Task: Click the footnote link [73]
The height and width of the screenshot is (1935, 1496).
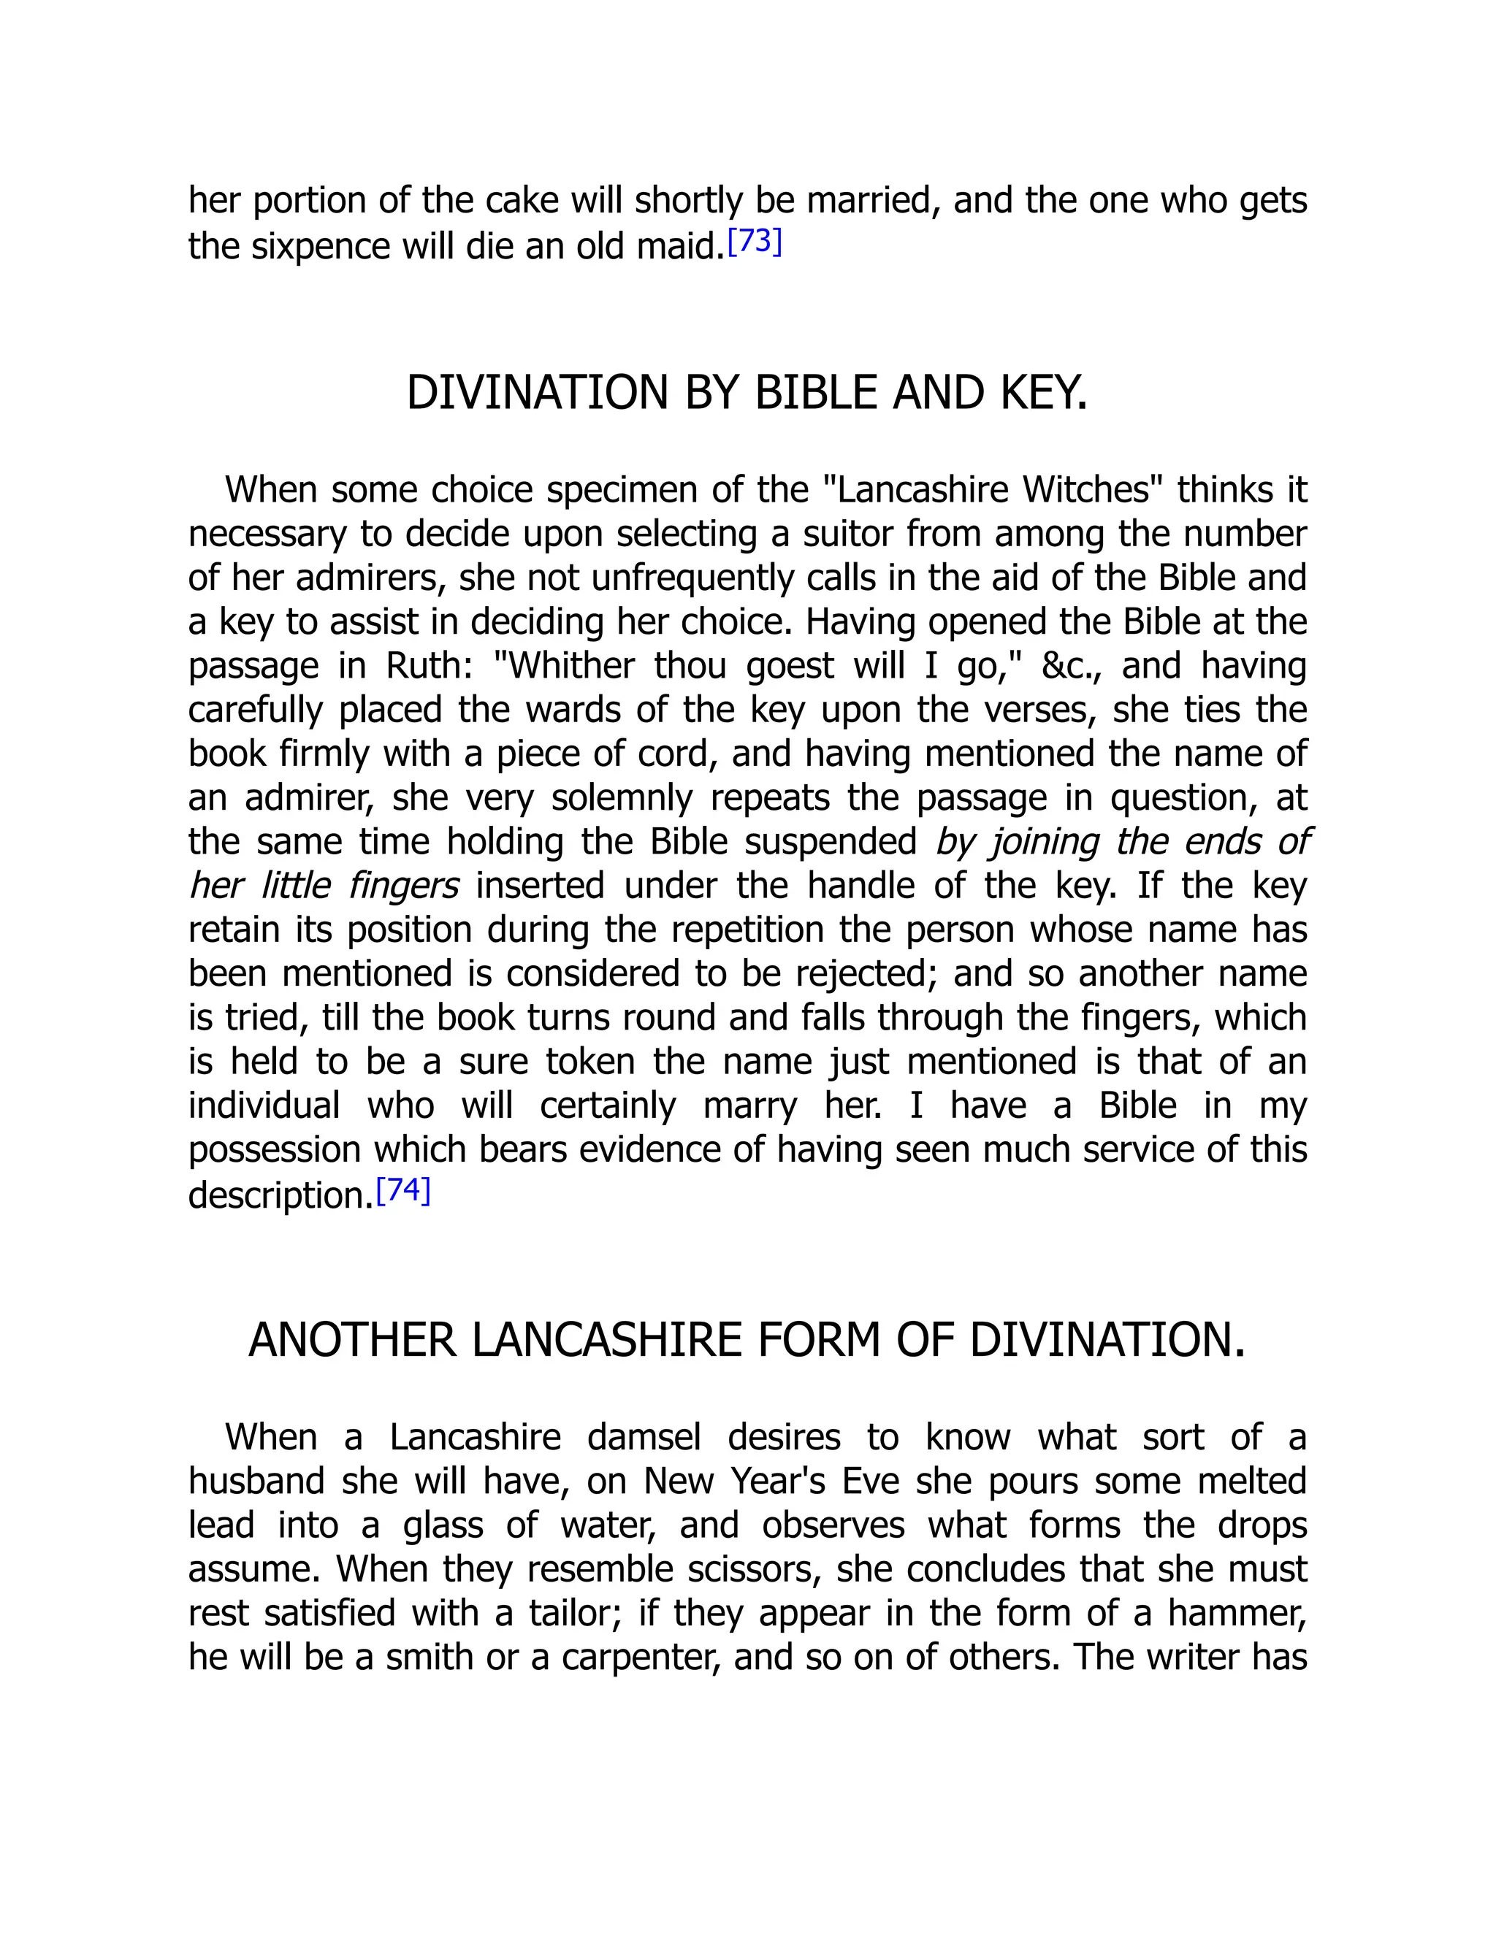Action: pyautogui.click(x=754, y=242)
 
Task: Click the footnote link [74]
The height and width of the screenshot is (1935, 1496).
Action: pyautogui.click(x=403, y=1191)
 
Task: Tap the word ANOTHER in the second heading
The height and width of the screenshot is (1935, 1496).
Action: pyautogui.click(x=352, y=1340)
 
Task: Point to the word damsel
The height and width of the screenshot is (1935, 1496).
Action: pyautogui.click(x=644, y=1437)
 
